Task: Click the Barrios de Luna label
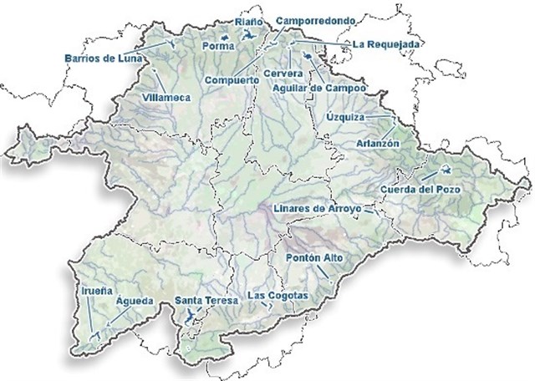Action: [102, 58]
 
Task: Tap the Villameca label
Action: [167, 97]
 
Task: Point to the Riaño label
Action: [248, 21]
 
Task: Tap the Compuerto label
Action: [230, 79]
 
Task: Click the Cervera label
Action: [278, 74]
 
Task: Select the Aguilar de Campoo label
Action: [321, 86]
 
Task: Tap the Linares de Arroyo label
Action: [318, 207]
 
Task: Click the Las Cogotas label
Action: [279, 297]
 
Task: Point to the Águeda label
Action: [134, 299]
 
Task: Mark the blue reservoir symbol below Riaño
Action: [249, 35]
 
